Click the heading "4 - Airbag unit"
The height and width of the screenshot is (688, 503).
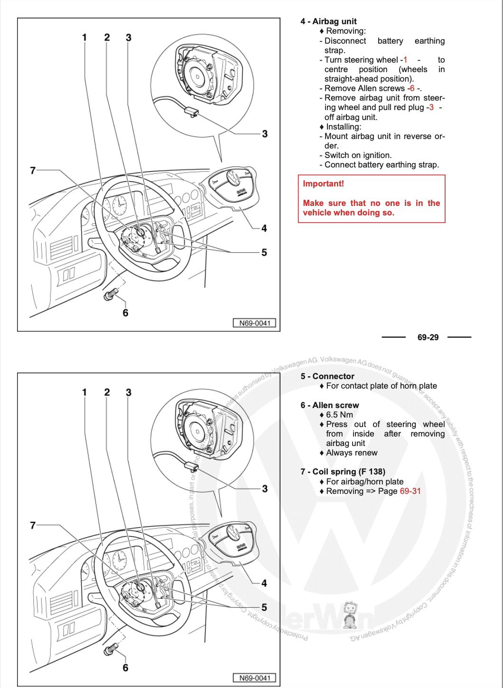point(328,21)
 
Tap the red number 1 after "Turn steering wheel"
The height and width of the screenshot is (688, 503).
point(405,60)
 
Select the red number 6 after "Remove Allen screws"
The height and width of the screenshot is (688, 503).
point(412,88)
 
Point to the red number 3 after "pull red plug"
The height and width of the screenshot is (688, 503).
point(431,108)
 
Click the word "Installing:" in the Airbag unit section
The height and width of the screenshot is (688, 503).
point(344,127)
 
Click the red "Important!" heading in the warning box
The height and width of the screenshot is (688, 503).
point(323,184)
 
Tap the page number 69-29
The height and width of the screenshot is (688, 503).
point(428,337)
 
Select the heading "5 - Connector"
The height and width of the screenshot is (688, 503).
point(327,376)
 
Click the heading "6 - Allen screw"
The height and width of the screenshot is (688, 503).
point(330,405)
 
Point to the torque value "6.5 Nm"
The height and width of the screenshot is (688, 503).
point(339,415)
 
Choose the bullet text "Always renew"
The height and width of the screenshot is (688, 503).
point(352,453)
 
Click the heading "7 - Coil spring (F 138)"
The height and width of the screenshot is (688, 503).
point(343,472)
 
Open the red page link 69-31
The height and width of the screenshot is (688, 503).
point(410,491)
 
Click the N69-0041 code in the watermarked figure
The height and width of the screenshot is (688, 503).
point(254,678)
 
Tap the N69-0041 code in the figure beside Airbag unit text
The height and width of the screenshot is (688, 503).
point(254,323)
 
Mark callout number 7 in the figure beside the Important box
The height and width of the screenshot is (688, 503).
point(33,170)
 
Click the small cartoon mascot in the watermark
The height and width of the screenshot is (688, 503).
point(350,616)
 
